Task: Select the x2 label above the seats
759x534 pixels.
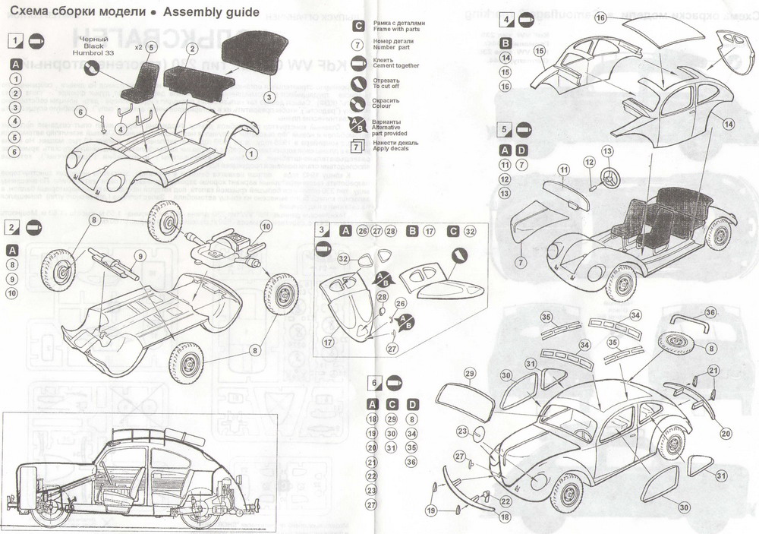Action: [137, 47]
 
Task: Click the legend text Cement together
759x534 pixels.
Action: [395, 66]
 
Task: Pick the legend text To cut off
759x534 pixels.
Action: [387, 86]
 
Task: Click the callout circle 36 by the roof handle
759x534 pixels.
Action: [710, 312]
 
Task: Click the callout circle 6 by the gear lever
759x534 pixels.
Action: [80, 113]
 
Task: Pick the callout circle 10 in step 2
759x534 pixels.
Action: [265, 226]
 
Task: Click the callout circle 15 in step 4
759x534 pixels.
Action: [540, 51]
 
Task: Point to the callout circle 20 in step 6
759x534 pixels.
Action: [726, 434]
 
